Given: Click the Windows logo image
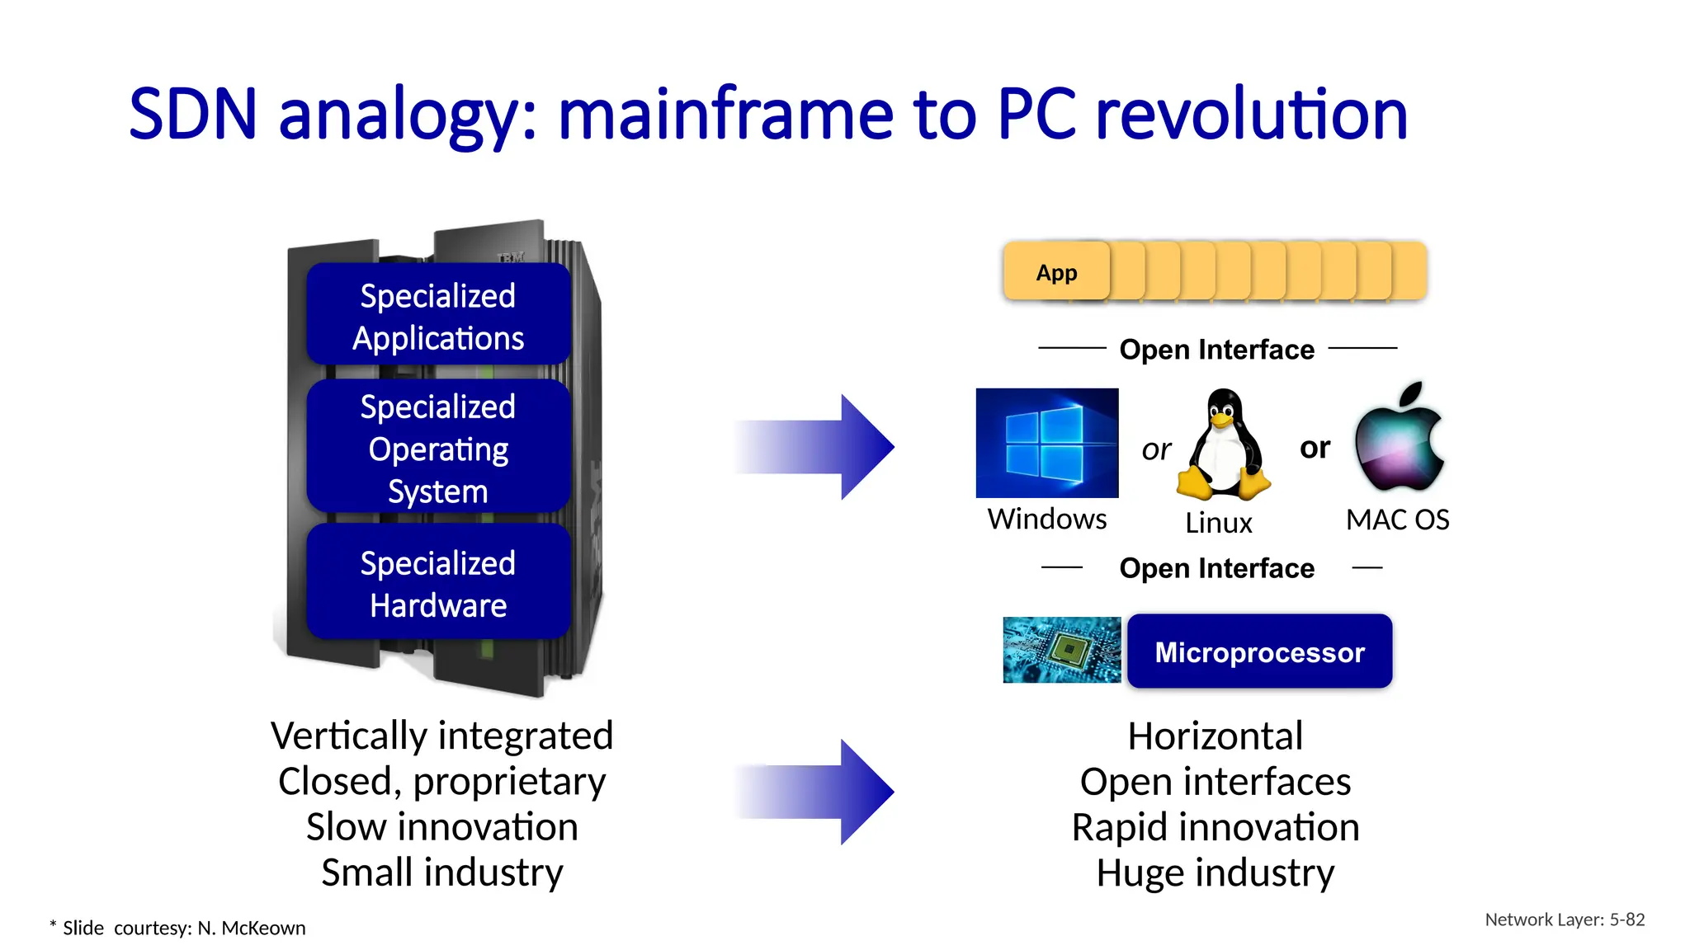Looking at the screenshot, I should pyautogui.click(x=1046, y=443).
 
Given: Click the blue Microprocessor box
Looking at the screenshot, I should pyautogui.click(x=1259, y=651).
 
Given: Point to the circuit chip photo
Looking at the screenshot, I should pyautogui.click(x=1061, y=650).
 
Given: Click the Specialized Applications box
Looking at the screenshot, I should pyautogui.click(x=438, y=315).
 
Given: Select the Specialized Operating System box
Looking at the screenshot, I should pyautogui.click(x=438, y=448).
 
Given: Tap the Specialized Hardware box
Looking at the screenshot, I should pyautogui.click(x=438, y=583).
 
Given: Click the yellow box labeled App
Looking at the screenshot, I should pyautogui.click(x=1056, y=272).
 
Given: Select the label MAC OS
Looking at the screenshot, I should pyautogui.click(x=1397, y=520).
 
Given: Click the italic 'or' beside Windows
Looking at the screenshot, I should pyautogui.click(x=1156, y=450).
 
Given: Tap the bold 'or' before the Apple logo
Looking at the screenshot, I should pyautogui.click(x=1315, y=448).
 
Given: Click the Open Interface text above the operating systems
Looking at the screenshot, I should pyautogui.click(x=1216, y=350).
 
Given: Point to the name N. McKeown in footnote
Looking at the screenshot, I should pyautogui.click(x=251, y=929).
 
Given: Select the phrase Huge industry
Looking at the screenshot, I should pyautogui.click(x=1215, y=872).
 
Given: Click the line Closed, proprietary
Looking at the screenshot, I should pyautogui.click(x=441, y=781).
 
